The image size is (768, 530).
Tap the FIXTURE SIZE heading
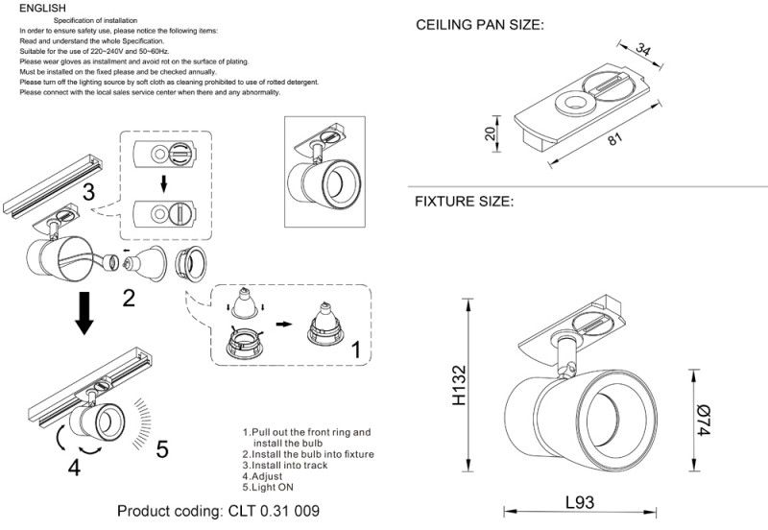(464, 203)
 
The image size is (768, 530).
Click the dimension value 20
(491, 134)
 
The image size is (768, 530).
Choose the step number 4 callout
(75, 468)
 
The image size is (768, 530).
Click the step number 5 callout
(161, 448)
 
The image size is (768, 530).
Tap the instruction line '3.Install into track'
(294, 465)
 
